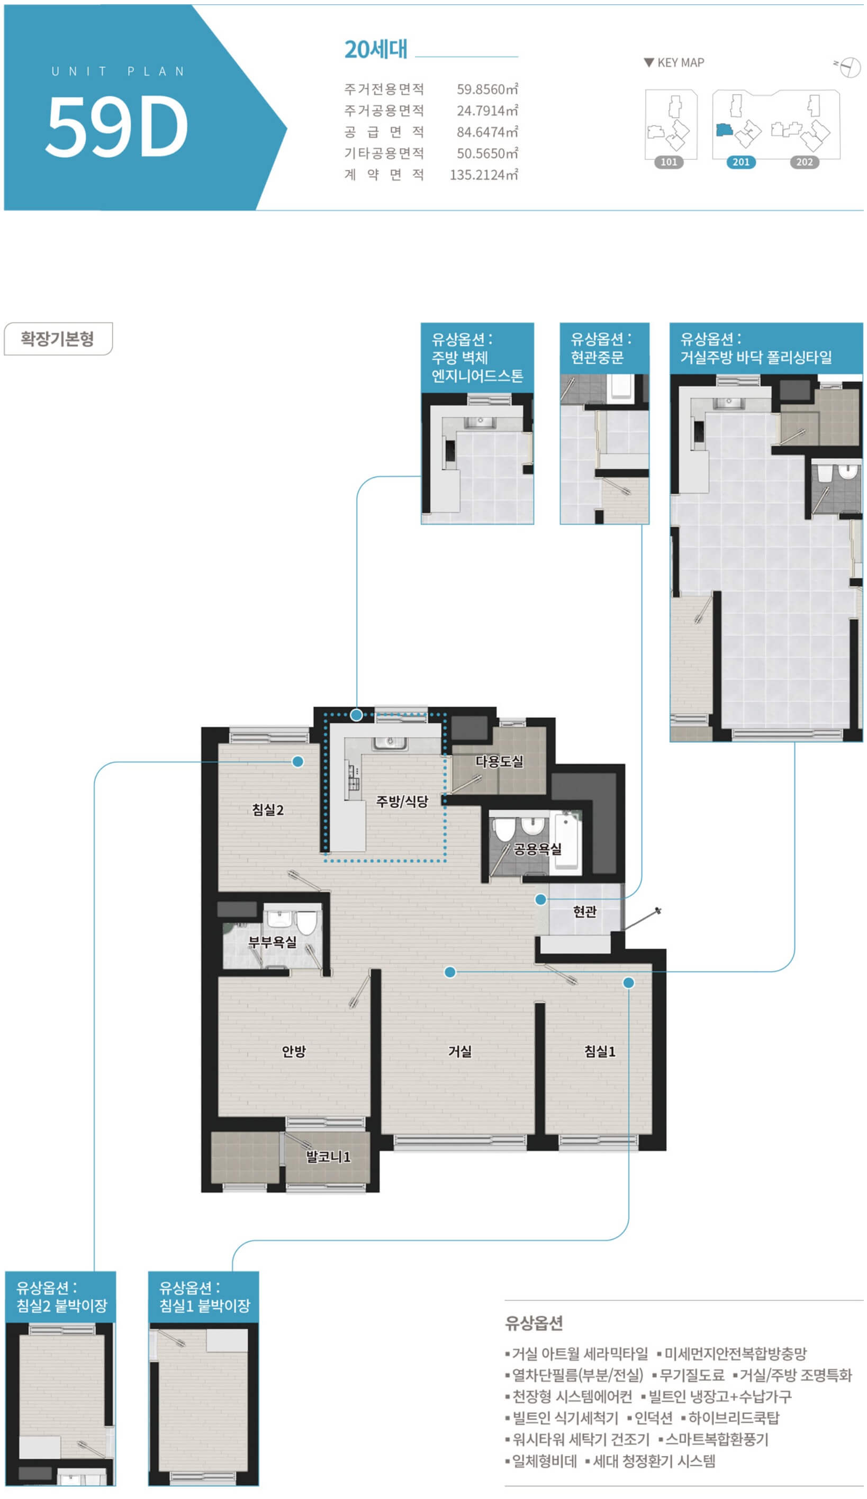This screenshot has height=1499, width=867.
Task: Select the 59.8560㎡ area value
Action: point(487,89)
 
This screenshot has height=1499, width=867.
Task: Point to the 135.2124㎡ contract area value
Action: point(483,175)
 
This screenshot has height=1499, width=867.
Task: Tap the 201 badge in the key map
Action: point(741,162)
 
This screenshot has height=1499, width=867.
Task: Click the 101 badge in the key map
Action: point(669,162)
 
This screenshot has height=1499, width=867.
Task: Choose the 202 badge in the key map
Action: point(804,162)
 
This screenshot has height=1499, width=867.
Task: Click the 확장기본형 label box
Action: point(58,339)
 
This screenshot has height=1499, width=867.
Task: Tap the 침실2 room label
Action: point(267,810)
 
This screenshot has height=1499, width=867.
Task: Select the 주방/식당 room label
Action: point(402,801)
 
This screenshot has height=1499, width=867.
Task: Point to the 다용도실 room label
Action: point(499,761)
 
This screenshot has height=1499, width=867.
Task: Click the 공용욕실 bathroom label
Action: point(537,849)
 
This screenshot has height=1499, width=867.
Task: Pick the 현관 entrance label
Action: point(584,911)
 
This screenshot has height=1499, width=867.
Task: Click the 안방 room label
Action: point(293,1051)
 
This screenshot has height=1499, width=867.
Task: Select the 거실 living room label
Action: point(459,1051)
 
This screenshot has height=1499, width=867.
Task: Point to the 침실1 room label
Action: point(599,1051)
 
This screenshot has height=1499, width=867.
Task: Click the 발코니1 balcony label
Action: point(328,1156)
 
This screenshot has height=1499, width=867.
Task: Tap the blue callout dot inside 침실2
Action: point(297,761)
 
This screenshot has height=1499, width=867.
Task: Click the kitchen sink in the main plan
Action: point(390,742)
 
